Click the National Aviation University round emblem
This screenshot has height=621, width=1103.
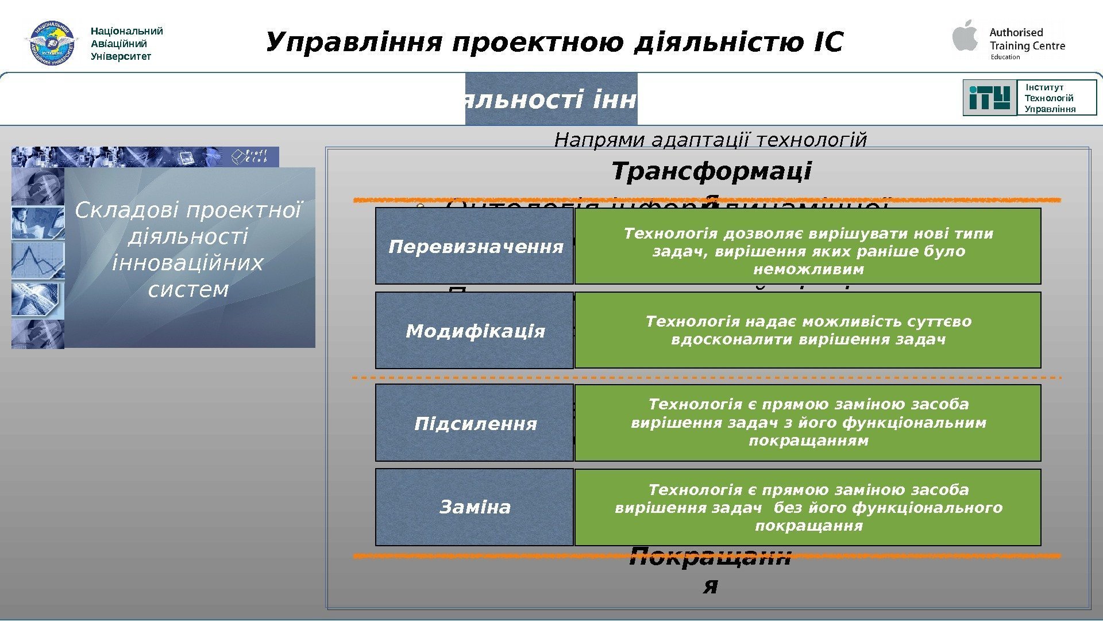(x=52, y=43)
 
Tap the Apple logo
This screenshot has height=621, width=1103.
(x=965, y=36)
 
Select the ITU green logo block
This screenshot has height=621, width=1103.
(x=990, y=98)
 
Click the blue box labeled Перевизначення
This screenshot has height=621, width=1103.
(x=475, y=246)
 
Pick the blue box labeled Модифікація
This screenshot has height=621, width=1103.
(x=475, y=331)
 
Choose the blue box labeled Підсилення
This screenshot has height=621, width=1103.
(x=475, y=423)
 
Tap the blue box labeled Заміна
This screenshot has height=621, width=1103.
(x=475, y=507)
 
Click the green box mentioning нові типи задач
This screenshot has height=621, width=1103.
(x=808, y=246)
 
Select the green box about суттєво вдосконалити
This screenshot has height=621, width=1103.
(x=808, y=330)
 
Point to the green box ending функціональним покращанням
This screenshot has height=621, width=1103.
(x=808, y=423)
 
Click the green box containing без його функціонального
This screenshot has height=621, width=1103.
(x=808, y=507)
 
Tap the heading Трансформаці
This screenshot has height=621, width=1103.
(x=711, y=171)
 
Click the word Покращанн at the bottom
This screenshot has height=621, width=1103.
(x=710, y=558)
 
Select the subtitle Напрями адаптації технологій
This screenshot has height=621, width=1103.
(x=710, y=140)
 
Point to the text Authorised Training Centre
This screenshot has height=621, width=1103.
(x=1027, y=39)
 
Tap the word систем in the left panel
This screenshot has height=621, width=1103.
(x=188, y=289)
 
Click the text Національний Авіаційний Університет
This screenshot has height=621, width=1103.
(x=127, y=44)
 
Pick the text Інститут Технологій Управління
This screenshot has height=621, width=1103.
(x=1050, y=98)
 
